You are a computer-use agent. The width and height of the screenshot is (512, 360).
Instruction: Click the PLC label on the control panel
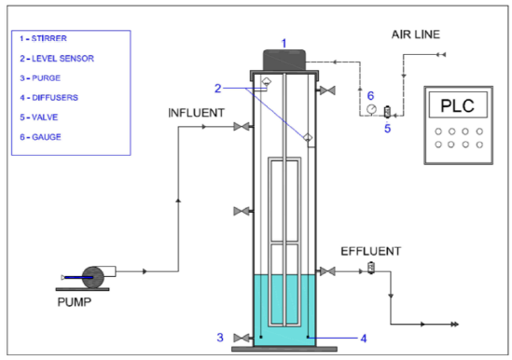[x=458, y=105]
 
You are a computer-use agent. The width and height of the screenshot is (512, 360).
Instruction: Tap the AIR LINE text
[x=416, y=35]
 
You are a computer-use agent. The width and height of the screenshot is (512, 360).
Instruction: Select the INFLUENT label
[x=196, y=113]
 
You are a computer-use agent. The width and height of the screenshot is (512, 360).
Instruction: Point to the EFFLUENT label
[x=371, y=251]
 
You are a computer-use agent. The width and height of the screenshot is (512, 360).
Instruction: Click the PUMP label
[x=75, y=302]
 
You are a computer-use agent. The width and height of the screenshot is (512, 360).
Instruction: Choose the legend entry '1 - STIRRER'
[x=43, y=38]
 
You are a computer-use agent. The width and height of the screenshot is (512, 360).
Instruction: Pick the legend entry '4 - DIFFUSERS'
[x=49, y=98]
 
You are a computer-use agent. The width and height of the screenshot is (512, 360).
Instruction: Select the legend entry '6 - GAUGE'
[x=40, y=137]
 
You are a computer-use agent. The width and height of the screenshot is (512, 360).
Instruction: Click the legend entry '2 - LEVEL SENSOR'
[x=57, y=59]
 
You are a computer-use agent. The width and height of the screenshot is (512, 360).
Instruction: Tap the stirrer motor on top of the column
[x=284, y=60]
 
